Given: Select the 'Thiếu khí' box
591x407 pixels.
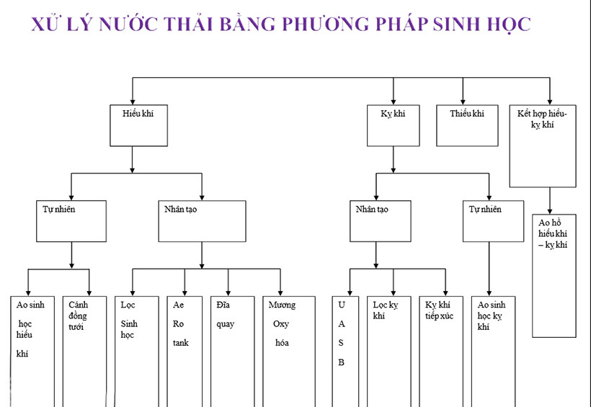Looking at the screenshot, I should pos(467,125).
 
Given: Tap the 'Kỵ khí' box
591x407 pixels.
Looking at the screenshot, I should pos(393,125).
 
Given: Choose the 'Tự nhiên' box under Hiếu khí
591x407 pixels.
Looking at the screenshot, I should pos(71,220).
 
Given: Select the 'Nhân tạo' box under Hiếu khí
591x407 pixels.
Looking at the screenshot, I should pos(201,220).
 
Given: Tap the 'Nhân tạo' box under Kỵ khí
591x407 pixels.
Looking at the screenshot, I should pos(380,220).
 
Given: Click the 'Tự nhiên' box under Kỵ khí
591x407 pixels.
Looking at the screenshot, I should pos(493,220).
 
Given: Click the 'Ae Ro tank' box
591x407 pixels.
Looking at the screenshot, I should pos(185,349).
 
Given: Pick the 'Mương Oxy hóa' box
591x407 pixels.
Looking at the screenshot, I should pos(288,349).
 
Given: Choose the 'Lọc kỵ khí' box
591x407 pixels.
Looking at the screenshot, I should pos(389,349).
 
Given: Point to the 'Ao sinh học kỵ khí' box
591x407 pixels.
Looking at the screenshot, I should pos(493,349).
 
